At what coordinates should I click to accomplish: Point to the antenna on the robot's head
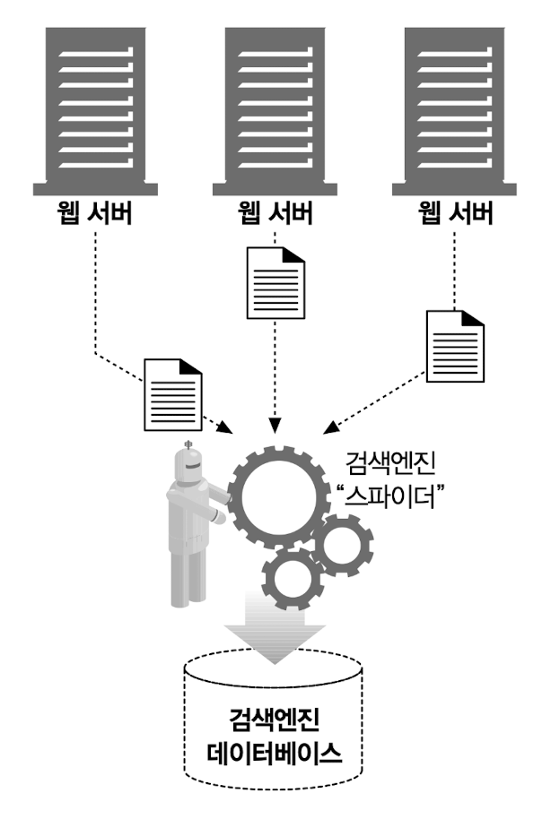(x=188, y=445)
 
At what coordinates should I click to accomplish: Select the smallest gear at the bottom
(x=294, y=578)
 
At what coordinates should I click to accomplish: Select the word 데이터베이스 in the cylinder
(x=275, y=752)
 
